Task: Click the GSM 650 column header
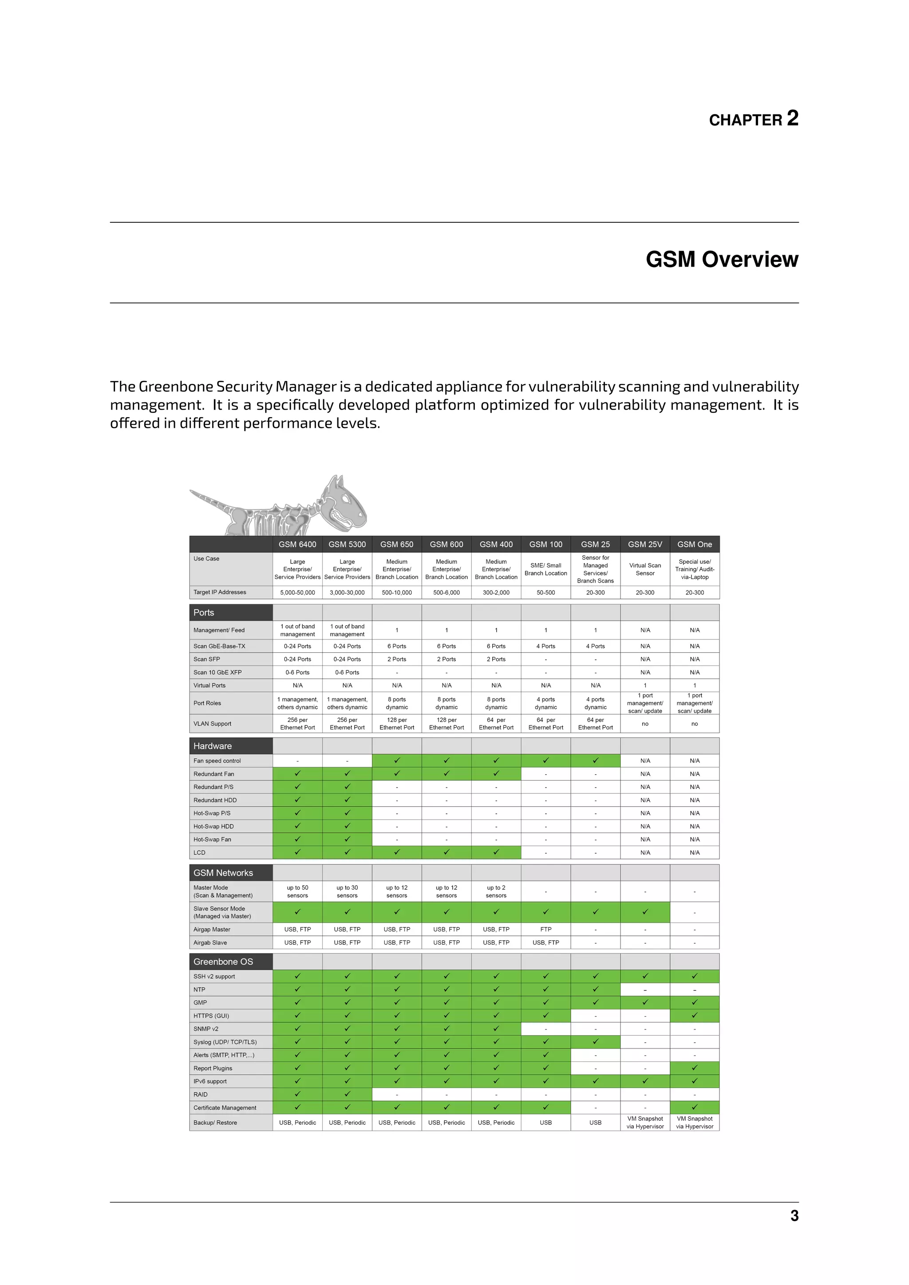tap(396, 544)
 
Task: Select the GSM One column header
tap(694, 544)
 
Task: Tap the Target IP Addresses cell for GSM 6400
tap(297, 592)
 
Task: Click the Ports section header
tap(204, 612)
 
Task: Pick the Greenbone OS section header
tap(223, 962)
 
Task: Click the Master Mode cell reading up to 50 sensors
tap(297, 891)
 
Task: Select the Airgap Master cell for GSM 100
tap(546, 929)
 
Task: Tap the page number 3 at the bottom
tap(794, 1216)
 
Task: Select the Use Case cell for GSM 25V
tap(645, 569)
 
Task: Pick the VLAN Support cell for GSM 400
tap(496, 724)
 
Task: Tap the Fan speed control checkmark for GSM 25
tap(595, 761)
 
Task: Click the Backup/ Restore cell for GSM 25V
tap(645, 1123)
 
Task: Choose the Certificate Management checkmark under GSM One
tap(694, 1107)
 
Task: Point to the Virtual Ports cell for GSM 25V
tap(645, 685)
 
